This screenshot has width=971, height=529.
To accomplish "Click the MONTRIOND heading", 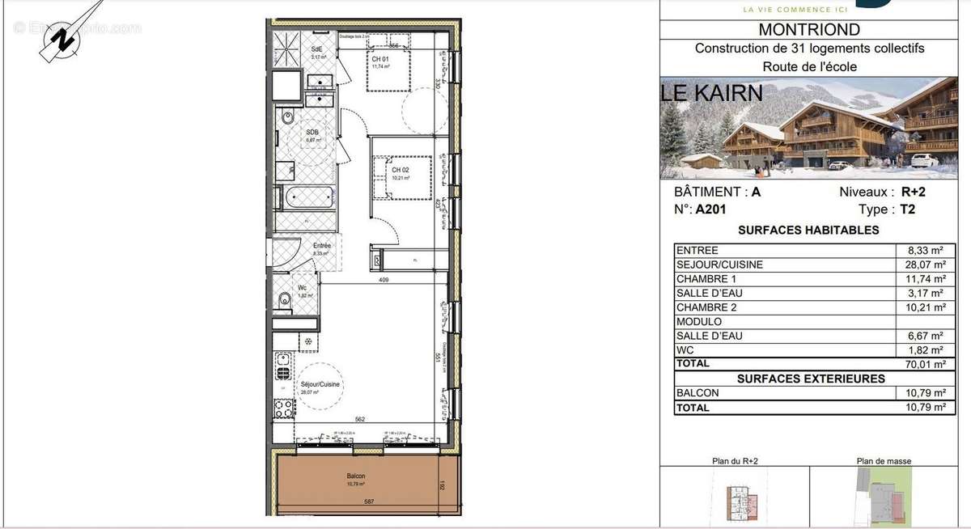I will coord(809,30).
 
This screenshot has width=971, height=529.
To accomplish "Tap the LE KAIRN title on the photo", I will coord(712,92).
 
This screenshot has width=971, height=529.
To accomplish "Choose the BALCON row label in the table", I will coord(698,393).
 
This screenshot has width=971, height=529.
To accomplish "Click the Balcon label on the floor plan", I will coord(356,476).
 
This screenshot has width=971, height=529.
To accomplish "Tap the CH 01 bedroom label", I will coord(381,60).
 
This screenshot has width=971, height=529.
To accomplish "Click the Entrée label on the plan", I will coord(323,246).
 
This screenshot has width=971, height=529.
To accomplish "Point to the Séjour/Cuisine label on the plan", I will coord(320,385).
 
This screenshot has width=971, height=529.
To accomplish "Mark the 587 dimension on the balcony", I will coord(368,502).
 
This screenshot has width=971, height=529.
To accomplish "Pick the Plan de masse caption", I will coord(884,461).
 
